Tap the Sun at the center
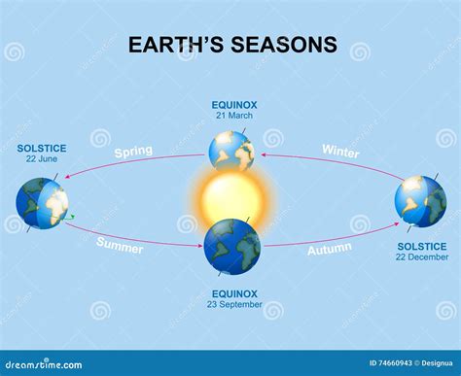pos(231,199)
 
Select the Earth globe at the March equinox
pos(231,150)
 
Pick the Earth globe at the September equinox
pos(231,248)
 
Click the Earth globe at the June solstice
pos(43,203)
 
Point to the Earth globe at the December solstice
pos(420,201)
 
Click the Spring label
pos(132,153)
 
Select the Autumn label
pos(330,249)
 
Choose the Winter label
pos(340,153)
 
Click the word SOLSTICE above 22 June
pos(42,149)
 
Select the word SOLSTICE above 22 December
pos(420,246)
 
